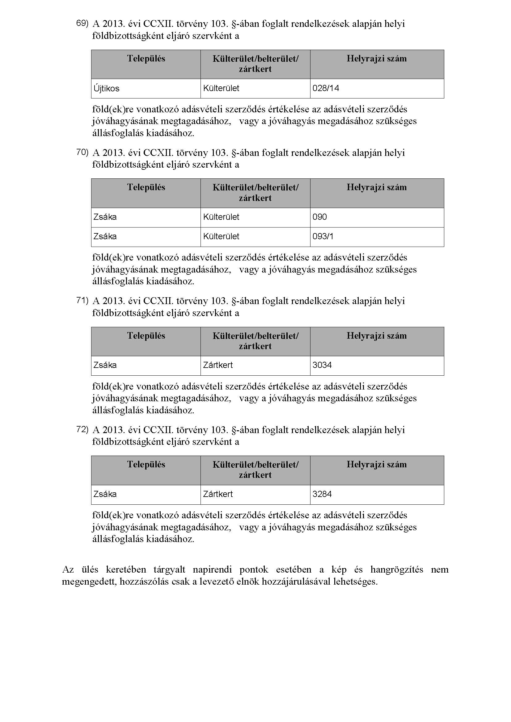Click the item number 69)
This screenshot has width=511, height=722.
point(82,23)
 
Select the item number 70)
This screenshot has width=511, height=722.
point(82,152)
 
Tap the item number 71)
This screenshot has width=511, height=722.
point(82,300)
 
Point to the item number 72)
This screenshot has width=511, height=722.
point(82,429)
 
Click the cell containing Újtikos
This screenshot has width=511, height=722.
point(106,88)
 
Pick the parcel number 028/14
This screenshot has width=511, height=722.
point(326,88)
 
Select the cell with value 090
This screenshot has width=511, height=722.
point(320,217)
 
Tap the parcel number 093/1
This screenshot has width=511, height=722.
point(323,236)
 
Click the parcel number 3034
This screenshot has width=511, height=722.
point(322,365)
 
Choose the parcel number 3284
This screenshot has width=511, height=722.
point(322,494)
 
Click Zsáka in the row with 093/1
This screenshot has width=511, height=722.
point(105,236)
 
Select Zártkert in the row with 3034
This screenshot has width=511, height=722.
point(218,365)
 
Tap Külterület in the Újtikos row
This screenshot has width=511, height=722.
point(221,88)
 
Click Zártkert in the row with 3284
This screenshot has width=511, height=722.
point(218,494)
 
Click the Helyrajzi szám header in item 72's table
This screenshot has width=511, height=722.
point(377,465)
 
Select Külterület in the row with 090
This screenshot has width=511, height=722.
point(221,217)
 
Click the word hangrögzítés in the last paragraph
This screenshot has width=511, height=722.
point(396,570)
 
